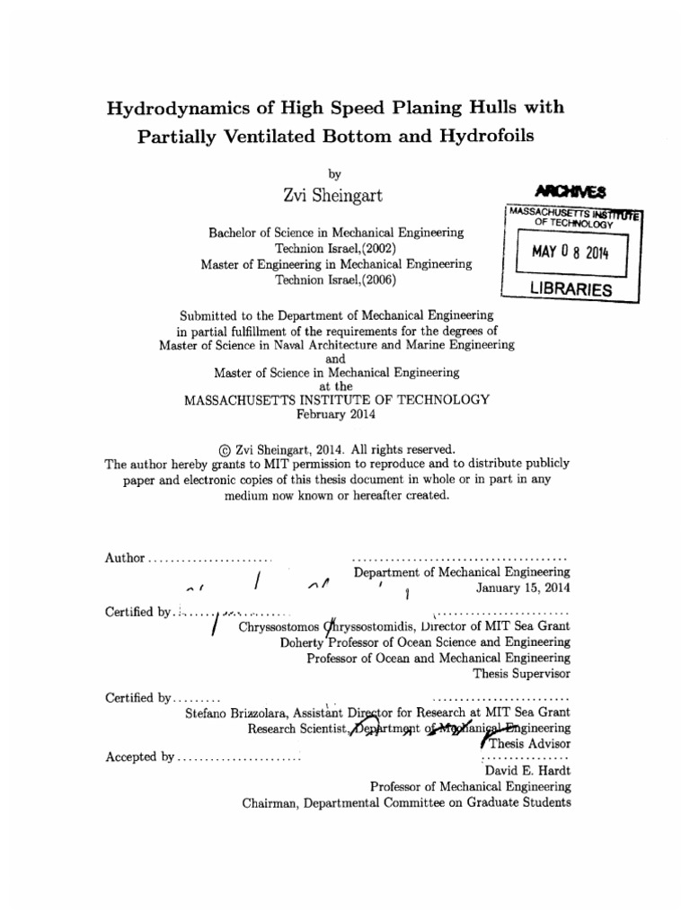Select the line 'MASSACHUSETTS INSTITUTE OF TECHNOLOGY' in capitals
tap(337, 400)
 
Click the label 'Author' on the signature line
tap(124, 557)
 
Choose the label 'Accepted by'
tap(139, 756)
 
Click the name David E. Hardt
tap(526, 771)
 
